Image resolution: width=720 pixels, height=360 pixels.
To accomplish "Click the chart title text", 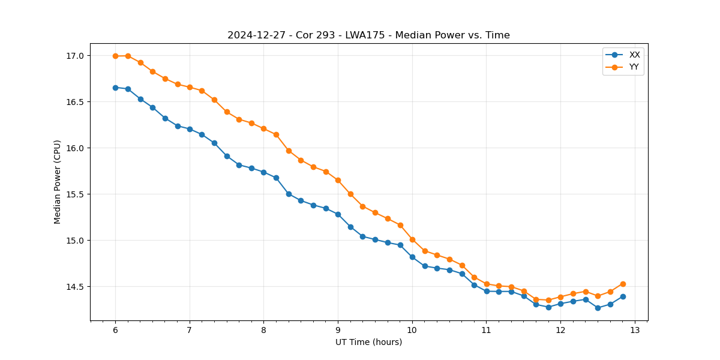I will point(368,35).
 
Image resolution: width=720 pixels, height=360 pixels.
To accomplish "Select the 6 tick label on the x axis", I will point(115,330).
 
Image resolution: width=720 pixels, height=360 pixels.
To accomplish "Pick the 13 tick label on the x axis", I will point(635,330).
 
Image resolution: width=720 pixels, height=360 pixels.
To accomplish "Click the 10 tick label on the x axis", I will point(412,330).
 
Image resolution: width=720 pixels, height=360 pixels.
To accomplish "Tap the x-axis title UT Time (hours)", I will point(368,342).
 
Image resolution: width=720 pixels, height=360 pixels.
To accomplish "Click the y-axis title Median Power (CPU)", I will point(58,182).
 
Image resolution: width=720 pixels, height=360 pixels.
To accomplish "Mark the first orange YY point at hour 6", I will point(115,56).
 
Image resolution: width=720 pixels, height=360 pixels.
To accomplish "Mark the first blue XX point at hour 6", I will point(115,88).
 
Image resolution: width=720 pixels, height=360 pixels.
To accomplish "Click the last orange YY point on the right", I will point(623,284).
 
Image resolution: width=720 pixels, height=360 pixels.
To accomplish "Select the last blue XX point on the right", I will point(623,296).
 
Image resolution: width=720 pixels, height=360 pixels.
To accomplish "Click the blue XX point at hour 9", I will point(338,214).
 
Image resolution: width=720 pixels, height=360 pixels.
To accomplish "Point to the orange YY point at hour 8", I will point(263,128).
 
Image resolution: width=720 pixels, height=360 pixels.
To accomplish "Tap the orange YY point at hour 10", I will point(412,239).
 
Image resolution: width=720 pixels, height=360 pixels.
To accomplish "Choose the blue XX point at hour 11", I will point(487,292).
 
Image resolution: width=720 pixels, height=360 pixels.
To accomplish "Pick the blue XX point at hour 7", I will point(190,129).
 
